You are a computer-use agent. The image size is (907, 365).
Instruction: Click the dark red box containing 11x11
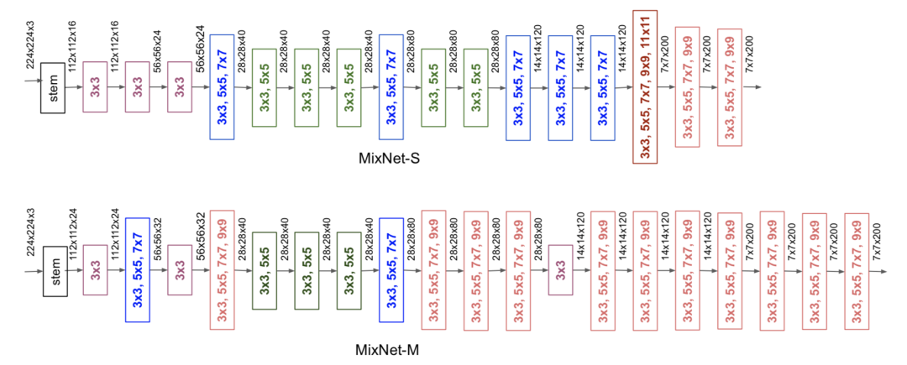coord(645,86)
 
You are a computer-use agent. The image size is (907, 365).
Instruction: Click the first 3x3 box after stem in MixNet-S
coord(96,88)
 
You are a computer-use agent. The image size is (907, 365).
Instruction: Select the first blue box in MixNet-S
coord(222,86)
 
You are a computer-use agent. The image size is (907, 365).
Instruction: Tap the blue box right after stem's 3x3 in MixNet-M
coord(138,269)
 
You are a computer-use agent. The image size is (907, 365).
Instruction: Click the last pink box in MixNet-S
coord(730,86)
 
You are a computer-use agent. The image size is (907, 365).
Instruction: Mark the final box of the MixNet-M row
coord(857,270)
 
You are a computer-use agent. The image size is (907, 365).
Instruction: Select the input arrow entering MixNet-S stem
coord(33,81)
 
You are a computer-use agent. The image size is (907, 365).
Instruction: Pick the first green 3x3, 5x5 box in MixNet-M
coord(265,270)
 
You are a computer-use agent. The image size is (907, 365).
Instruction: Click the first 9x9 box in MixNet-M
coord(222,270)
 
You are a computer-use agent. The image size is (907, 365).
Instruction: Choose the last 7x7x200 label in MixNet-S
coord(749,53)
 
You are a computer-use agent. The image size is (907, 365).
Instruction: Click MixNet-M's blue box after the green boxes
coord(391,269)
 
